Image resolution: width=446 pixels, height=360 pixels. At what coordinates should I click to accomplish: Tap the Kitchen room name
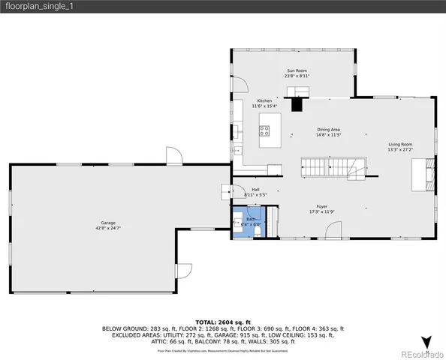[264, 103]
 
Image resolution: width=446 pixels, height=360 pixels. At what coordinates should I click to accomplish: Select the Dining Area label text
[328, 132]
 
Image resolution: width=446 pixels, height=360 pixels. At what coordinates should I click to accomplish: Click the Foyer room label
[321, 208]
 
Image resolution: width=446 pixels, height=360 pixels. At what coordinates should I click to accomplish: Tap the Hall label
[255, 191]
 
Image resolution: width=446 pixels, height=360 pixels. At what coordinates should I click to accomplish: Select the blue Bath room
[247, 221]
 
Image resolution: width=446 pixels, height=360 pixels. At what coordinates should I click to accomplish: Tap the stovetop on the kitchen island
[265, 134]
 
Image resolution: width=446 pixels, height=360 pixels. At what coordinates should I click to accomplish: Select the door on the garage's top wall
[173, 156]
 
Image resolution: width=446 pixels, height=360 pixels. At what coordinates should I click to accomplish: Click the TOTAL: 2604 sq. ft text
[222, 320]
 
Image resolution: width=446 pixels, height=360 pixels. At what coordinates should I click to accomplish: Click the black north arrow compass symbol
[426, 342]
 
